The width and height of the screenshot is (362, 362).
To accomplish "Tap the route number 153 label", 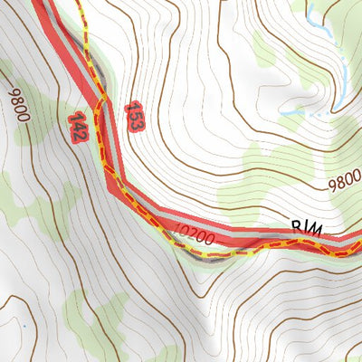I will pyautogui.click(x=133, y=115).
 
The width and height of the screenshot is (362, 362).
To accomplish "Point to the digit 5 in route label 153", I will pyautogui.click(x=133, y=115).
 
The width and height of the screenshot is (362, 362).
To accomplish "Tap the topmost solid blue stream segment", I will pyautogui.click(x=311, y=11).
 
